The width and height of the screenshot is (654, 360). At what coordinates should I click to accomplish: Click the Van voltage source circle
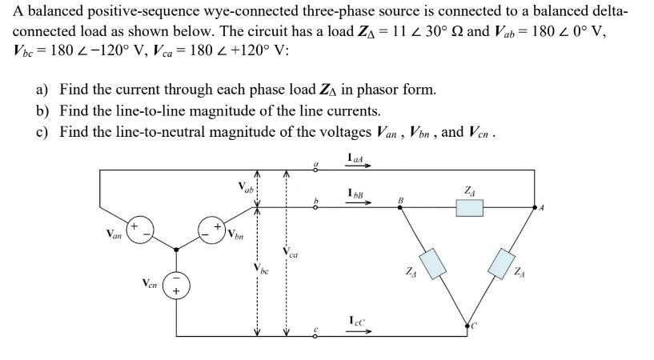click(141, 233)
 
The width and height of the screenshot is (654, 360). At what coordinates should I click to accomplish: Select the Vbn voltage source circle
click(212, 233)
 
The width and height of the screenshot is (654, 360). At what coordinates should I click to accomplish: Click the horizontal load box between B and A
click(469, 208)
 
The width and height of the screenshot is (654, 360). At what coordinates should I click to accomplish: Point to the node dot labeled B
click(400, 208)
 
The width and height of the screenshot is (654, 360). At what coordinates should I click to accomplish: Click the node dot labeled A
click(537, 208)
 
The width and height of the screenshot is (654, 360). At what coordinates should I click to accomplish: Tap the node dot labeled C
click(468, 325)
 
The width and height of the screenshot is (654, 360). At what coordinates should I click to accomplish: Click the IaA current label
click(357, 158)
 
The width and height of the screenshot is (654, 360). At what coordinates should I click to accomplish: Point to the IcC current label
click(359, 322)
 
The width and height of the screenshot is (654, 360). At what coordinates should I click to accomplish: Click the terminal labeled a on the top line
click(317, 170)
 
